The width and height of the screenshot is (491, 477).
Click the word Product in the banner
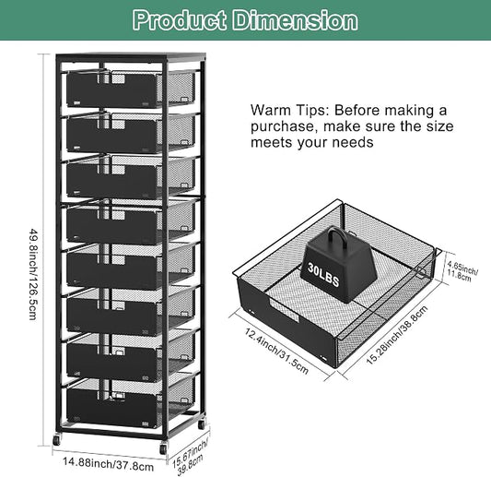coord(179,20)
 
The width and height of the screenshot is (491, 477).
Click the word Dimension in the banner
coord(296,20)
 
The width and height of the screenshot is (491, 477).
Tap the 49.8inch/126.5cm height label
coord(34,274)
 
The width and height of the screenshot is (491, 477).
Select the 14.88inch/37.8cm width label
coord(109,464)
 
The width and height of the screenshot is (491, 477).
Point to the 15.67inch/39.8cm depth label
coord(189,458)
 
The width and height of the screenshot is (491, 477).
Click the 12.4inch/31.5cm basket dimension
coord(276,352)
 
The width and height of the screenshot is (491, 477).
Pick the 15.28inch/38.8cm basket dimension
coord(397,334)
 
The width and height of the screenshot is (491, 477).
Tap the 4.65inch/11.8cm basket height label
coord(462,271)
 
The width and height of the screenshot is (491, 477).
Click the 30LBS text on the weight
coord(323,275)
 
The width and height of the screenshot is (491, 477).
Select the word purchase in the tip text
coord(283,126)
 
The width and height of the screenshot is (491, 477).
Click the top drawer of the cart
coord(130,89)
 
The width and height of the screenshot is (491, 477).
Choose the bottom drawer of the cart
coord(130,403)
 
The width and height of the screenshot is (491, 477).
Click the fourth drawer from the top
coord(130,222)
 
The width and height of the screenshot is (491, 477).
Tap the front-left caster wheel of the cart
coord(57,440)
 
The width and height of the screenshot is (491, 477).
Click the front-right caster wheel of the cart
coord(163,448)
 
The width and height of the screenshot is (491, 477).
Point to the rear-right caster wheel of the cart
coord(202,424)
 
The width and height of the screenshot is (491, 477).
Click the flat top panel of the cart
coord(131,57)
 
